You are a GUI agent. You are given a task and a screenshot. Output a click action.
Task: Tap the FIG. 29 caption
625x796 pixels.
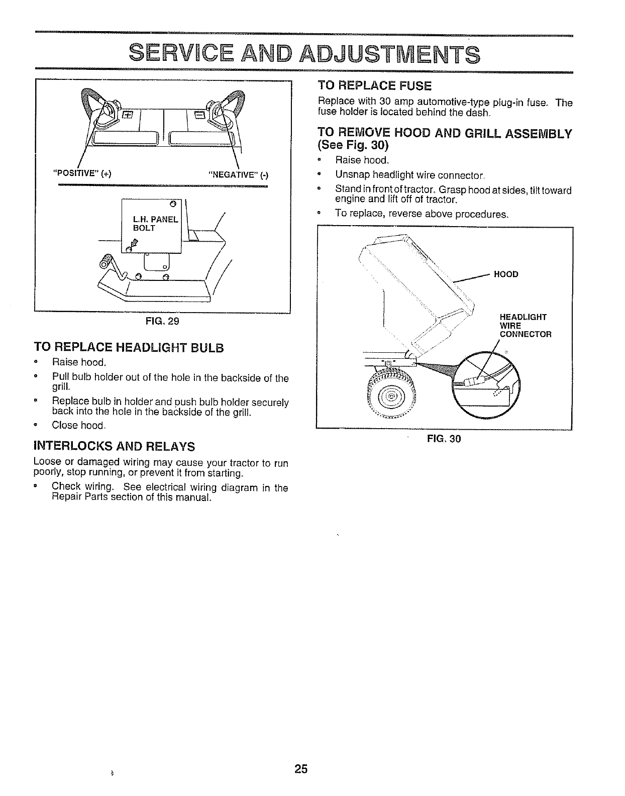[162, 321]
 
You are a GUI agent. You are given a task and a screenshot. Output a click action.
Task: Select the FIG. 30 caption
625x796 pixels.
[444, 439]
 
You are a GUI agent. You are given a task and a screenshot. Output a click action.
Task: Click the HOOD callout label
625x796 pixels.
[506, 274]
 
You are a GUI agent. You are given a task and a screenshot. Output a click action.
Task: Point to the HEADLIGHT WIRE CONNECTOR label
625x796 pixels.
[525, 326]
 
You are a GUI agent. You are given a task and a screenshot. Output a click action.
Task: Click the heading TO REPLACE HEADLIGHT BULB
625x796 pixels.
[128, 348]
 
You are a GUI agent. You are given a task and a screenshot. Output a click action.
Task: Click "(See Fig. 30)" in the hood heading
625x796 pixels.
[353, 146]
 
